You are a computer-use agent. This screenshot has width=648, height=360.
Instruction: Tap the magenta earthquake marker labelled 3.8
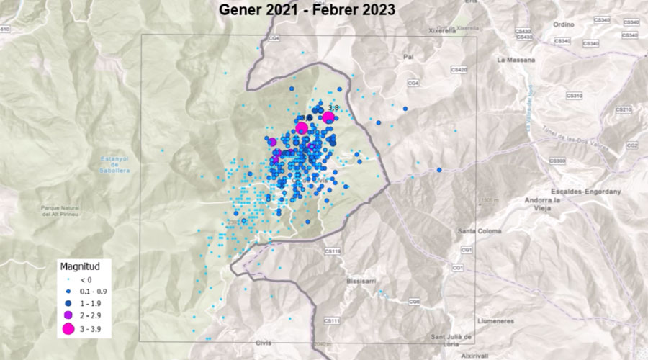(329, 118)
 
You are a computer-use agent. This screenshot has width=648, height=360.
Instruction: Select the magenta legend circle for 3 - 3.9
(68, 329)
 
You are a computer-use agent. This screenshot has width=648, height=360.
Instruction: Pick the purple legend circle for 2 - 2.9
(68, 315)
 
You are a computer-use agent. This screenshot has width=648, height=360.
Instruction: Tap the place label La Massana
(512, 60)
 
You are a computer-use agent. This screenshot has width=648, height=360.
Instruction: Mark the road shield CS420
(459, 69)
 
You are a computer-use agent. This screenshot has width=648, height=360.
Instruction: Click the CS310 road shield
(574, 94)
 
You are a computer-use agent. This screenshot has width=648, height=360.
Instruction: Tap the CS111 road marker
(332, 320)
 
